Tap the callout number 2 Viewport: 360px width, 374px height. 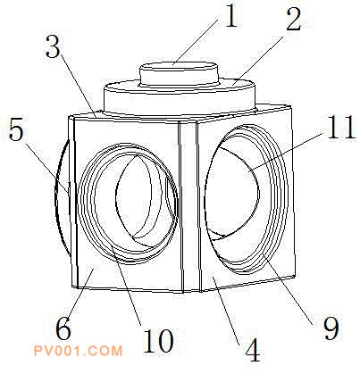[x=294, y=20]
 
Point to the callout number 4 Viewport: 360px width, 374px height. [x=253, y=351]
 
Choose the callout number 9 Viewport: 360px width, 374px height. [x=331, y=328]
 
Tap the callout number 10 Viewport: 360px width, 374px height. [x=158, y=341]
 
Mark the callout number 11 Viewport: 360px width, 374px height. [x=341, y=128]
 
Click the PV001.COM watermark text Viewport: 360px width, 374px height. [x=78, y=351]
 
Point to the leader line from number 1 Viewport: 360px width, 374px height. [x=196, y=41]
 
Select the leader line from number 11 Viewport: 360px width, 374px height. [x=286, y=153]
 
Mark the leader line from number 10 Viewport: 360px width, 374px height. [x=126, y=286]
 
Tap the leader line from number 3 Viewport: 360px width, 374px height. [x=78, y=87]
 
